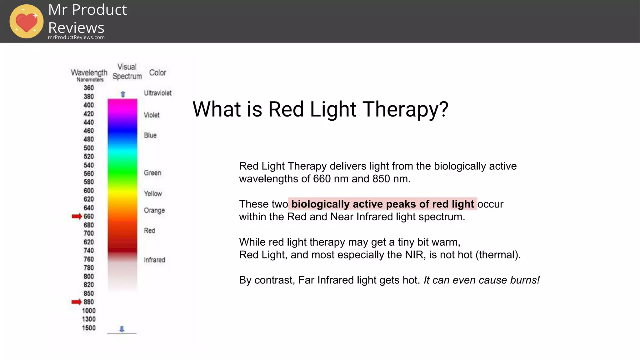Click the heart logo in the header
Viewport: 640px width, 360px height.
(27, 22)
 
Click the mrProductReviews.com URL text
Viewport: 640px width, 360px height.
(76, 37)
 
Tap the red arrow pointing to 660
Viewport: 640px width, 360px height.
(77, 216)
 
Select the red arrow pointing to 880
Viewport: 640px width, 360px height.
(77, 302)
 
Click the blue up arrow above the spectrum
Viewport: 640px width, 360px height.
(123, 94)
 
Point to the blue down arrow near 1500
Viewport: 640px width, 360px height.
(122, 329)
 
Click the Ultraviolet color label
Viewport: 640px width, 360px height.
(157, 93)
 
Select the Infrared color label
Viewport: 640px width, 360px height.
(154, 260)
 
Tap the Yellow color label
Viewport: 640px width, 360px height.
(153, 193)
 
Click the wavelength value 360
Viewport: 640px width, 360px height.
(89, 88)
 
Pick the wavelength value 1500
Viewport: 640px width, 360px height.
(89, 328)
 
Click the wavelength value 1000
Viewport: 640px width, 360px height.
(89, 311)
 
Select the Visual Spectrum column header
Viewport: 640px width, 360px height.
(127, 72)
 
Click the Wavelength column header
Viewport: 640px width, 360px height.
(89, 73)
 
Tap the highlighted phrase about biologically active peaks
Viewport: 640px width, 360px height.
(382, 204)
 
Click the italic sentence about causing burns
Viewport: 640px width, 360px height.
(482, 280)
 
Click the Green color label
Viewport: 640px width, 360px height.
(152, 173)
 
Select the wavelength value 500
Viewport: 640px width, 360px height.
(89, 148)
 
